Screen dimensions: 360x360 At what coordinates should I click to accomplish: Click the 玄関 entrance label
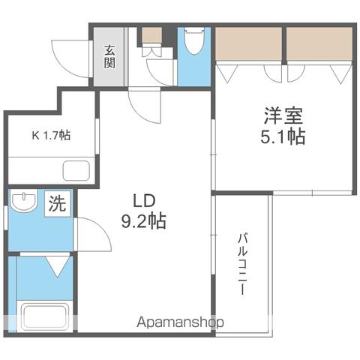coord(109,57)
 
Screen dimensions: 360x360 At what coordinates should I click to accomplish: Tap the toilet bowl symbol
coord(194,41)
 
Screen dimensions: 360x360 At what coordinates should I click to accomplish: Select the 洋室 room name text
coord(283,115)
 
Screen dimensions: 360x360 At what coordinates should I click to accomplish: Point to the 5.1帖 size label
coord(283,136)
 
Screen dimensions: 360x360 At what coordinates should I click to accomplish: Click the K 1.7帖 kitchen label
coord(51,136)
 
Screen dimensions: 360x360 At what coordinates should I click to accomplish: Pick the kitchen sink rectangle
coord(76,171)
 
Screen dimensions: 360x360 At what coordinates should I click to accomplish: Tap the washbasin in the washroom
coord(24,201)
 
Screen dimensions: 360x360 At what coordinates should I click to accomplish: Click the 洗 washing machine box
coord(58,204)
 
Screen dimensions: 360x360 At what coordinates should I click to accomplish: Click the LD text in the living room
coord(144,201)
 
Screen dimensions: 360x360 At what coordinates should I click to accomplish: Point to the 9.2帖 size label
coord(144,221)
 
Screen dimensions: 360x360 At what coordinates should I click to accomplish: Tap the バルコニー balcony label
coord(242,264)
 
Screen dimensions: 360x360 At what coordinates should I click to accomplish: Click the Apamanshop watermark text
coord(180,322)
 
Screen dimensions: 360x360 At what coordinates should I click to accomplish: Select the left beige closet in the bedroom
coord(249,43)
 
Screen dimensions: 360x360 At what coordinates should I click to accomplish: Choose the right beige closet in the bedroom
coord(319,43)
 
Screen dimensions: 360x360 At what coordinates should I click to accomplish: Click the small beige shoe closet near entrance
coord(152,34)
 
